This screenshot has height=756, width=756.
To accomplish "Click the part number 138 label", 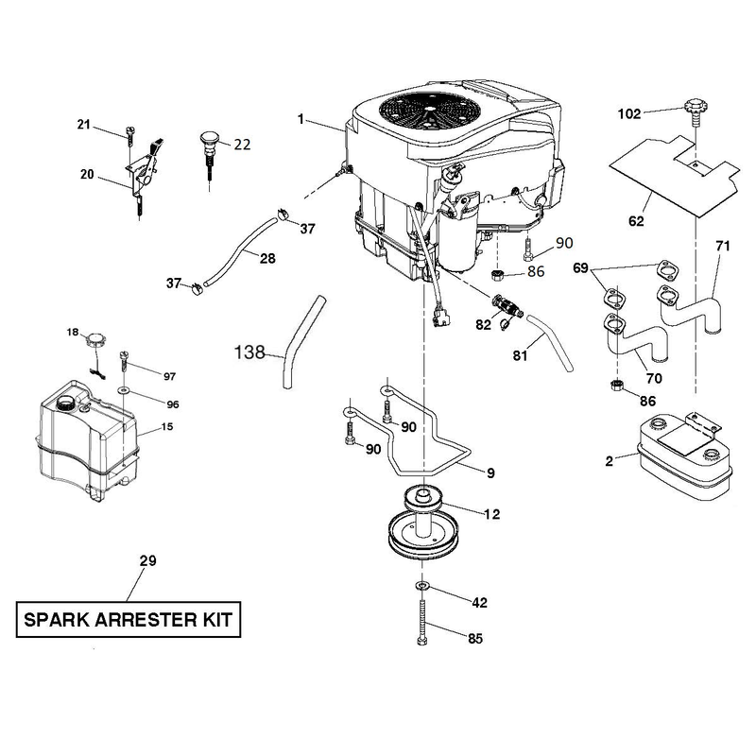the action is click(249, 352).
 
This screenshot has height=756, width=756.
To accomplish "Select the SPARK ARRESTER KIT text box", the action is click(129, 620).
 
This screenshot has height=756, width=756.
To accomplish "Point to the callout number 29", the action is click(148, 560).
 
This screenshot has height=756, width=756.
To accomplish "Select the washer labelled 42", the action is click(422, 586).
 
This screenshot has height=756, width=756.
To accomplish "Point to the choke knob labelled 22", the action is click(209, 153).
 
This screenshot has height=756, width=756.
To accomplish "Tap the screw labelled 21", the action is click(129, 132).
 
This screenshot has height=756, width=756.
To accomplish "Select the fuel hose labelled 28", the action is click(241, 251).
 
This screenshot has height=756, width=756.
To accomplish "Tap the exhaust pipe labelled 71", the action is click(691, 309).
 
